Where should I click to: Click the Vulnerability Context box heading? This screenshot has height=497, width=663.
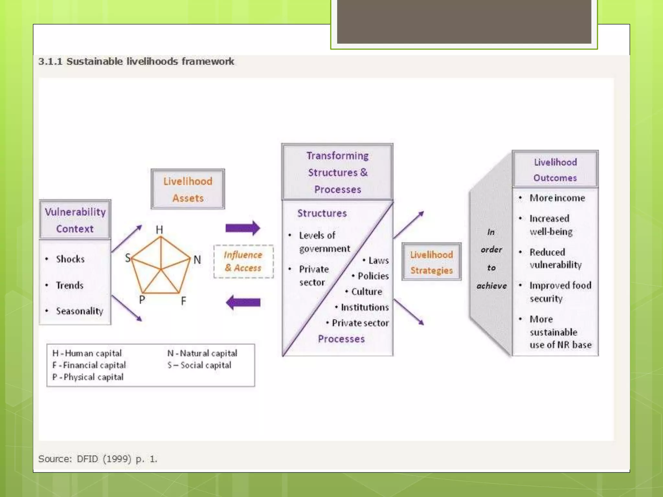(x=75, y=220)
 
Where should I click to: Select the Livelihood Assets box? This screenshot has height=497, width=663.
(x=188, y=189)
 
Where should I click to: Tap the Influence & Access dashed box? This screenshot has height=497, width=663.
(x=243, y=261)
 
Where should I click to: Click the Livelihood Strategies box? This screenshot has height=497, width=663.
(x=432, y=262)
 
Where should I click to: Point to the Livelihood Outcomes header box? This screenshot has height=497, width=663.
(x=555, y=170)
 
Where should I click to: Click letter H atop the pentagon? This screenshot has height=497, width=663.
(x=159, y=230)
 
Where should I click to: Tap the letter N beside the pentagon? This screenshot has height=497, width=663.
(x=197, y=260)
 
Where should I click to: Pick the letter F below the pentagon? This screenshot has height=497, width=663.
(x=184, y=301)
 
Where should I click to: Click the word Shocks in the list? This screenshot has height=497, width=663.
(x=70, y=259)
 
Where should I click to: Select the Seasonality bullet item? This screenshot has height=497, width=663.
(x=80, y=311)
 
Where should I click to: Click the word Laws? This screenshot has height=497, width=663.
(x=378, y=260)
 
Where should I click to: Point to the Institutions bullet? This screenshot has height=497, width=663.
(x=365, y=307)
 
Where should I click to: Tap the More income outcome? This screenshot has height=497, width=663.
(x=557, y=198)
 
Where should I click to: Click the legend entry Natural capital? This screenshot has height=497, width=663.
(x=202, y=353)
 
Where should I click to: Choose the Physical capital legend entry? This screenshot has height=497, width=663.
(x=88, y=377)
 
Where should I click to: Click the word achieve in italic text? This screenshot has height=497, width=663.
(x=491, y=286)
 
